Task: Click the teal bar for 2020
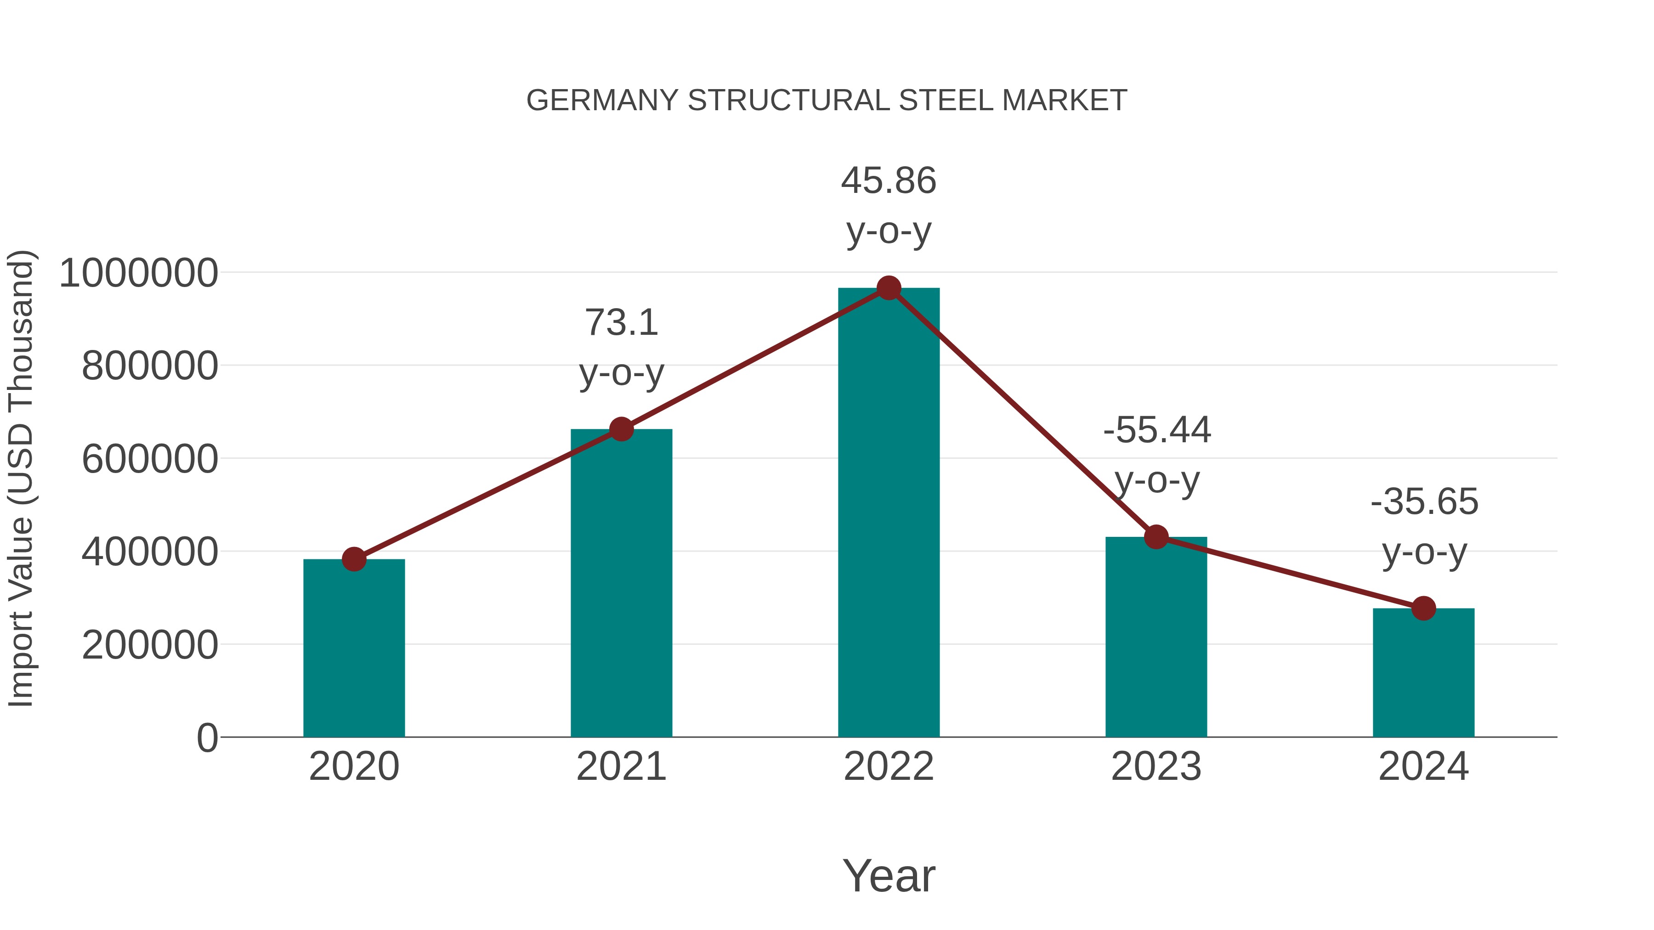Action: [x=354, y=648]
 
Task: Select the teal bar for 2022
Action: [x=889, y=513]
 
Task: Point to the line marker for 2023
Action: [x=1156, y=536]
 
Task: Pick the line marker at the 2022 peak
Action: [x=889, y=288]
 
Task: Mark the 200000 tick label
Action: [x=150, y=645]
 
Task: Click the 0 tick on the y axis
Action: [x=207, y=738]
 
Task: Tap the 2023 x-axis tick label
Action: [x=1156, y=767]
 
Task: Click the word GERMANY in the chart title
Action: [x=602, y=101]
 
